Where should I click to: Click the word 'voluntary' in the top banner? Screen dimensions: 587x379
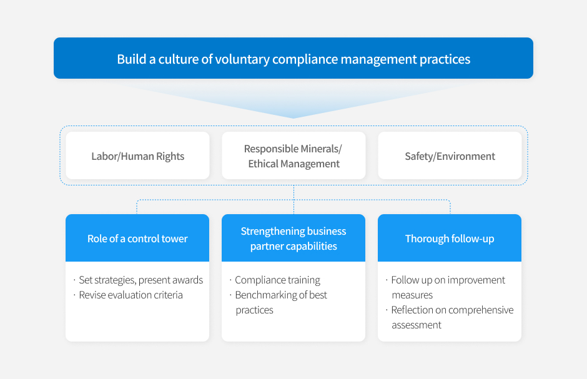pyautogui.click(x=242, y=59)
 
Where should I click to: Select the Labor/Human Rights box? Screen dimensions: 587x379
pyautogui.click(x=138, y=155)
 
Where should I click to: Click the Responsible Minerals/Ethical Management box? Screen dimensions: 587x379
pyautogui.click(x=293, y=155)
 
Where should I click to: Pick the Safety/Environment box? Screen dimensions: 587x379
pyautogui.click(x=450, y=155)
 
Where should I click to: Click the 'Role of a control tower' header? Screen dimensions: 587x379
pyautogui.click(x=137, y=238)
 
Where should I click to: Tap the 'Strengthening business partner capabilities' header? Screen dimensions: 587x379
pyautogui.click(x=293, y=238)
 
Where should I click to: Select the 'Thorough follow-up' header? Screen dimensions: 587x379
pyautogui.click(x=450, y=238)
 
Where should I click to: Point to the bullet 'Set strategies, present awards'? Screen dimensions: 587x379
pyautogui.click(x=139, y=280)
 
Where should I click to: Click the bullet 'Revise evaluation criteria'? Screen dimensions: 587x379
pyautogui.click(x=129, y=295)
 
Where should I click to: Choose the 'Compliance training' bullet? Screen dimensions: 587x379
pyautogui.click(x=275, y=280)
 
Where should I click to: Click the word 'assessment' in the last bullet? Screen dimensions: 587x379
pyautogui.click(x=417, y=325)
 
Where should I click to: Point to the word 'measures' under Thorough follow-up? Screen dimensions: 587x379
pyautogui.click(x=412, y=295)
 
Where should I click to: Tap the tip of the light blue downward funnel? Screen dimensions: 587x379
pyautogui.click(x=293, y=118)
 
